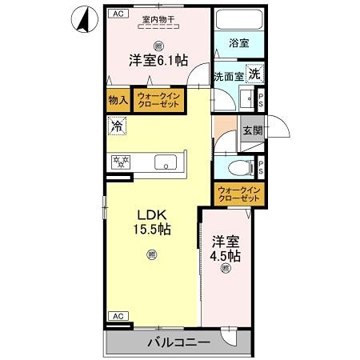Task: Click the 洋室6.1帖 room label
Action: pyautogui.click(x=160, y=59)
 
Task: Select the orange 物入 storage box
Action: pyautogui.click(x=118, y=101)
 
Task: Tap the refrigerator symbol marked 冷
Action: pyautogui.click(x=117, y=126)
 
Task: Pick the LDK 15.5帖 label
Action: pyautogui.click(x=152, y=222)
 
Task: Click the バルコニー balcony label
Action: pyautogui.click(x=178, y=342)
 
